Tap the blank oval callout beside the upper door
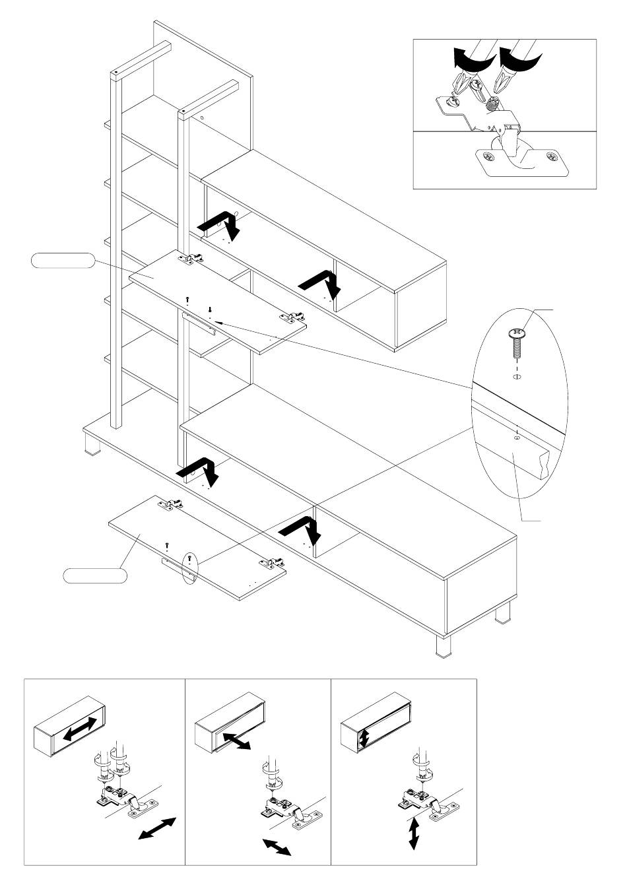(63, 261)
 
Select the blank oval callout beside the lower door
(95, 575)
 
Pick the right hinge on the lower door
(271, 563)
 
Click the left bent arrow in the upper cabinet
(220, 226)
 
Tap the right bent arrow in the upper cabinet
(321, 282)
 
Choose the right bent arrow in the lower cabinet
(301, 528)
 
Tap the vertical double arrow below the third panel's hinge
(414, 833)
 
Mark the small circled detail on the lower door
(189, 567)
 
